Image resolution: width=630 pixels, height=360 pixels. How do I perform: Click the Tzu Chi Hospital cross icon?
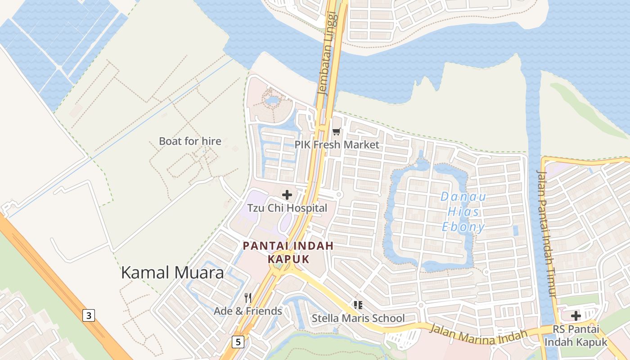(287, 195)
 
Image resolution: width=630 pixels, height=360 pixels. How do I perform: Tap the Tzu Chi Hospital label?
(287, 208)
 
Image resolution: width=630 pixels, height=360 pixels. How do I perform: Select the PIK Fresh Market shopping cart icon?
(336, 132)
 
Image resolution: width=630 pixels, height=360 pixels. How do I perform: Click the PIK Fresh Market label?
(337, 145)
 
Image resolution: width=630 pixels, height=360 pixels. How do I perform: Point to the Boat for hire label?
(190, 141)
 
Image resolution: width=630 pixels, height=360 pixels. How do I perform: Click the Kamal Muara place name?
(172, 273)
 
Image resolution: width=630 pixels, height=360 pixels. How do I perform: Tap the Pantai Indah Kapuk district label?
(288, 252)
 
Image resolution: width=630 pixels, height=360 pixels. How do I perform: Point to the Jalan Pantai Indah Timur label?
(547, 234)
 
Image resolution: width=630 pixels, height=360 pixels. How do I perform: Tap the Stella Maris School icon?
(358, 306)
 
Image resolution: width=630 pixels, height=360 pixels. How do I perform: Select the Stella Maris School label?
(358, 319)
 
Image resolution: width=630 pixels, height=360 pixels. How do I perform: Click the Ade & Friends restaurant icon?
(247, 297)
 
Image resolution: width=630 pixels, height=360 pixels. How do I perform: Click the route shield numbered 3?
(89, 315)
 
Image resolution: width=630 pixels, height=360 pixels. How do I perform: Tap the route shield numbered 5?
(238, 342)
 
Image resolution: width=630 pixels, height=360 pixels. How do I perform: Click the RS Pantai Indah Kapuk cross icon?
(576, 316)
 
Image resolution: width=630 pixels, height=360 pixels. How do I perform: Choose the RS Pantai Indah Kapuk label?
(576, 336)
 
